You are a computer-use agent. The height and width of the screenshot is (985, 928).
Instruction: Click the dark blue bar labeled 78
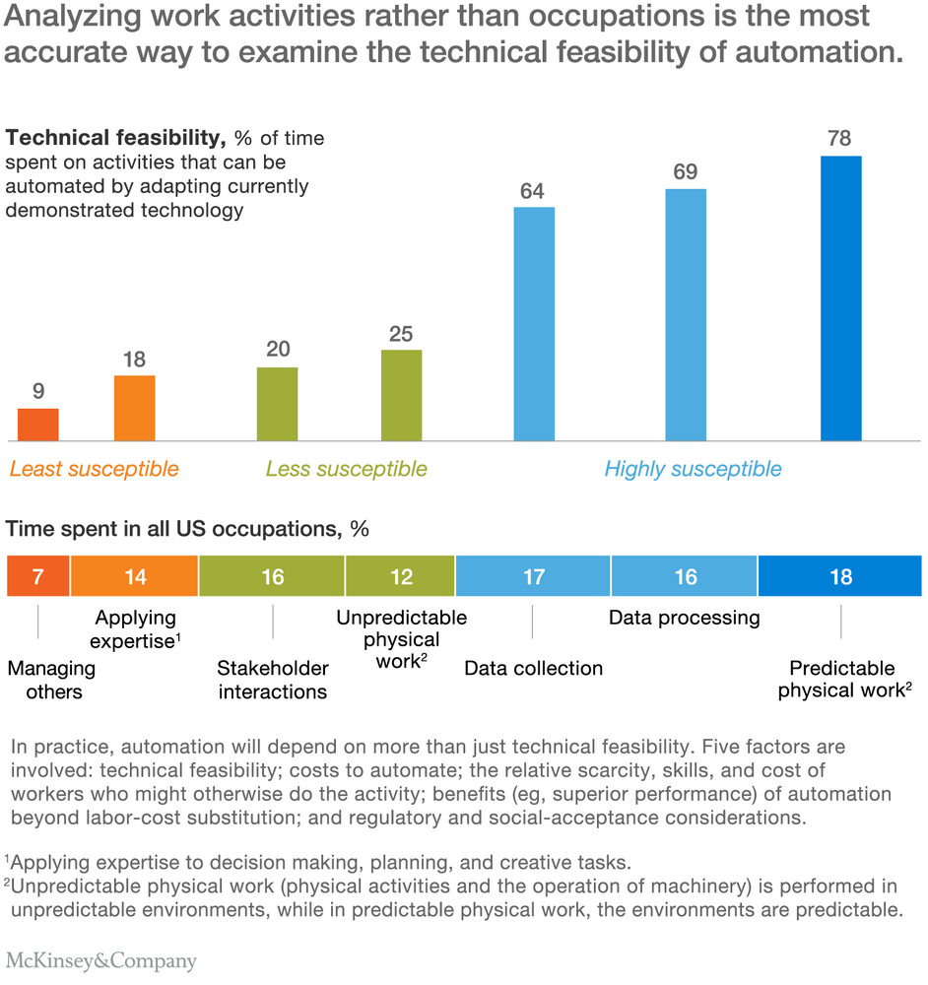point(840,298)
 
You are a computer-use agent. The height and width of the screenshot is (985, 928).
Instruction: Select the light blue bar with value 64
point(534,324)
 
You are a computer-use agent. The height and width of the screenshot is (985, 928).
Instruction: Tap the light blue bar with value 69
point(686,315)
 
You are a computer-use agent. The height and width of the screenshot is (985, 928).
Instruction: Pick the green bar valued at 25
point(402,395)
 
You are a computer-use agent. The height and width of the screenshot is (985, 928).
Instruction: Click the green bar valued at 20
point(277,404)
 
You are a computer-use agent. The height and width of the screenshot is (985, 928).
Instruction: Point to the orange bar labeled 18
point(134,409)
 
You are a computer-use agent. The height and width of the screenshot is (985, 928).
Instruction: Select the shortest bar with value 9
point(37,425)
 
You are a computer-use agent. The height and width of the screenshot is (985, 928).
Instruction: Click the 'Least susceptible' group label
point(95,469)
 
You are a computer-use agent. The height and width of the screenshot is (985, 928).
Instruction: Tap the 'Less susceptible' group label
point(346,469)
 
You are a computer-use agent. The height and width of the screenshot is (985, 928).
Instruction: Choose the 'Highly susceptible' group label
point(693,469)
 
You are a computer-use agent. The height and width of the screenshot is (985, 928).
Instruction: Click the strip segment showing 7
point(37,576)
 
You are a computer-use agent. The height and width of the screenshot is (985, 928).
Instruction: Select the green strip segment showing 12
point(400,576)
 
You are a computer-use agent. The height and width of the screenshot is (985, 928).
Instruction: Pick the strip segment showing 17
point(533,576)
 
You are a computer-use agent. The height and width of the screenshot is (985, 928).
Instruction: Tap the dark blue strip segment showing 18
point(840,576)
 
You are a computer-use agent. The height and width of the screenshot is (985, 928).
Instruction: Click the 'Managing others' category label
point(52,680)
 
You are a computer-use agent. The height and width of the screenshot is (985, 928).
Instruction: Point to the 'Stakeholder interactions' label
point(273,680)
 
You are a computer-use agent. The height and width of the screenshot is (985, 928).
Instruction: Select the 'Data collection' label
point(533,669)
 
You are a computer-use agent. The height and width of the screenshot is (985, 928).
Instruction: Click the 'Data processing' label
point(685,619)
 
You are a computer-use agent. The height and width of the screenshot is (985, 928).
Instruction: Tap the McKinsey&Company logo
point(101,961)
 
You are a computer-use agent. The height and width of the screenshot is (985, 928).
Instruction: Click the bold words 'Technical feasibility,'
point(115,138)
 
